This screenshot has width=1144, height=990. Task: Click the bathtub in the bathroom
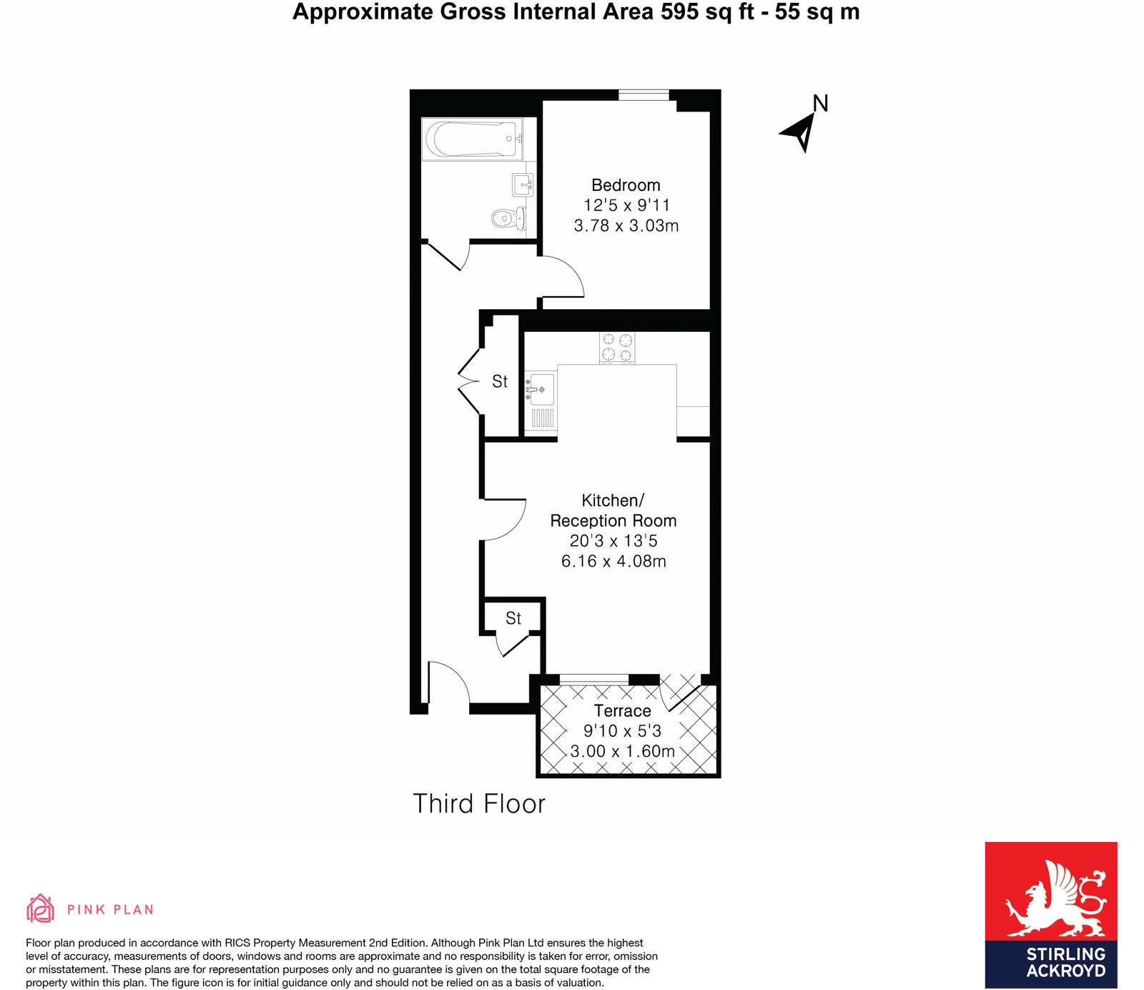coord(471,139)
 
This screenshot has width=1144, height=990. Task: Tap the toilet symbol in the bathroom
coord(508,217)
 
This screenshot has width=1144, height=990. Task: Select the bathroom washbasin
coord(523,185)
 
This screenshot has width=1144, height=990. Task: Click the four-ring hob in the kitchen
coord(617,348)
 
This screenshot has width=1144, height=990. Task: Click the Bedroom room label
coord(626,185)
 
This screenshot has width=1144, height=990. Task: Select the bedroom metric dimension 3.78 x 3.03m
coord(626,226)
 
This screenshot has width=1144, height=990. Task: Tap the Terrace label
coord(622,711)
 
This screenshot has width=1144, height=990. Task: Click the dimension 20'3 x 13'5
coord(613,541)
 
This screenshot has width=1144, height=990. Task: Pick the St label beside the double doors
coord(500,382)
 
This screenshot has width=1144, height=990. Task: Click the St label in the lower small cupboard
coord(513,618)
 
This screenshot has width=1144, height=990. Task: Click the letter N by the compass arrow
coord(820,104)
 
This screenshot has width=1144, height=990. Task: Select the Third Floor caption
coord(478,804)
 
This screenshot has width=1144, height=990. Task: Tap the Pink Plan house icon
coord(41,909)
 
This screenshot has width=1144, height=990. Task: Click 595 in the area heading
coord(679,12)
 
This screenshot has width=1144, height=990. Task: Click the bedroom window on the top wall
coord(643,94)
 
